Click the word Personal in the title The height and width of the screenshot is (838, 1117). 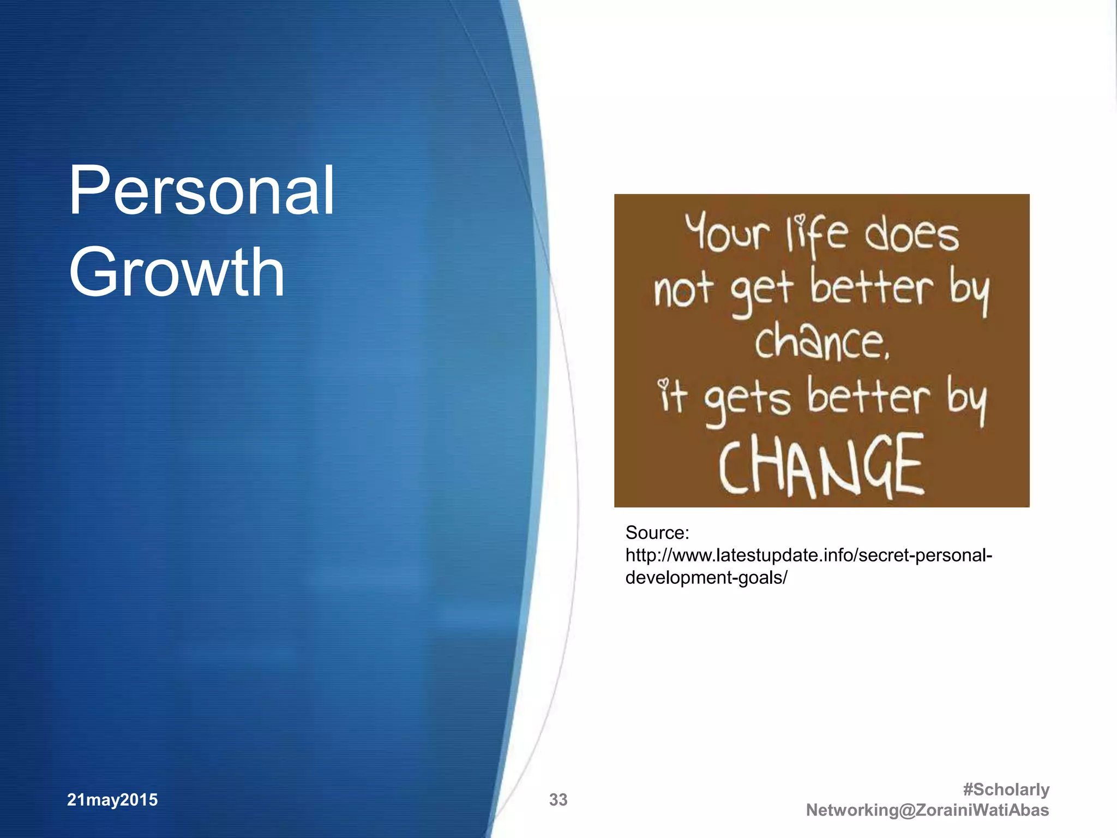201,191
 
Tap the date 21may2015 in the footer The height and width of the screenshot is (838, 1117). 112,800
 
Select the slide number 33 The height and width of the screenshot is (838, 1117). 558,800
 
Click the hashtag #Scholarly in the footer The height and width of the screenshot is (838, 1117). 1006,789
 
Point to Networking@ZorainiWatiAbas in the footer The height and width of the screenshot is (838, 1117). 927,810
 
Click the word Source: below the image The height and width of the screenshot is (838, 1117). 657,532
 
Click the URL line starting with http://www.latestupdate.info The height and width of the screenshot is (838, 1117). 808,555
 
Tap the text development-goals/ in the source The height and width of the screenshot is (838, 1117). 706,578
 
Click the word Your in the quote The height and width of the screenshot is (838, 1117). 727,233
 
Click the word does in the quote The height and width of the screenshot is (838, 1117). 911,235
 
